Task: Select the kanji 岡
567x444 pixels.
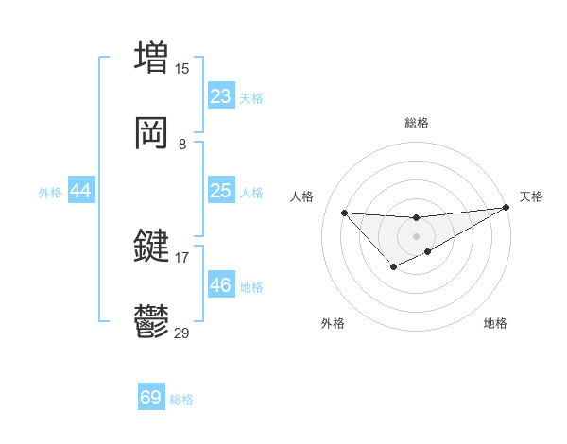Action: pyautogui.click(x=151, y=133)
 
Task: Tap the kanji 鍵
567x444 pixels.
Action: pyautogui.click(x=151, y=247)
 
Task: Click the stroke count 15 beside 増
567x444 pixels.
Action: pyautogui.click(x=181, y=68)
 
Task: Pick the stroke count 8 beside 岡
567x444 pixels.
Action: pyautogui.click(x=181, y=145)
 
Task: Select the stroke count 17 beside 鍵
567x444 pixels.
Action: pyautogui.click(x=181, y=257)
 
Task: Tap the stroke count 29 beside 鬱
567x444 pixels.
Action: pyautogui.click(x=181, y=333)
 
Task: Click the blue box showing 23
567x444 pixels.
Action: pyautogui.click(x=221, y=96)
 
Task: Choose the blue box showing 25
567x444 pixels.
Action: pyautogui.click(x=221, y=191)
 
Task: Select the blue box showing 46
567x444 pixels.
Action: pyautogui.click(x=221, y=284)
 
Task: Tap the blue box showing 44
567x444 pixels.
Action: pyautogui.click(x=81, y=191)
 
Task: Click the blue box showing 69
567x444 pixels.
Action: pyautogui.click(x=151, y=398)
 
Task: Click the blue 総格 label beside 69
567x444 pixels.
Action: pyautogui.click(x=181, y=400)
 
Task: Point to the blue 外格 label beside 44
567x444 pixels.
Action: pyautogui.click(x=50, y=193)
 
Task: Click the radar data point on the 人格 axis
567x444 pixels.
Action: pyautogui.click(x=344, y=213)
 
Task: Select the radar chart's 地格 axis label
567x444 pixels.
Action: pyautogui.click(x=495, y=323)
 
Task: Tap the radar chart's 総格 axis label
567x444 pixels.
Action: pyautogui.click(x=416, y=123)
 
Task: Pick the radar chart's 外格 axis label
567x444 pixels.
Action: pyautogui.click(x=333, y=323)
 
